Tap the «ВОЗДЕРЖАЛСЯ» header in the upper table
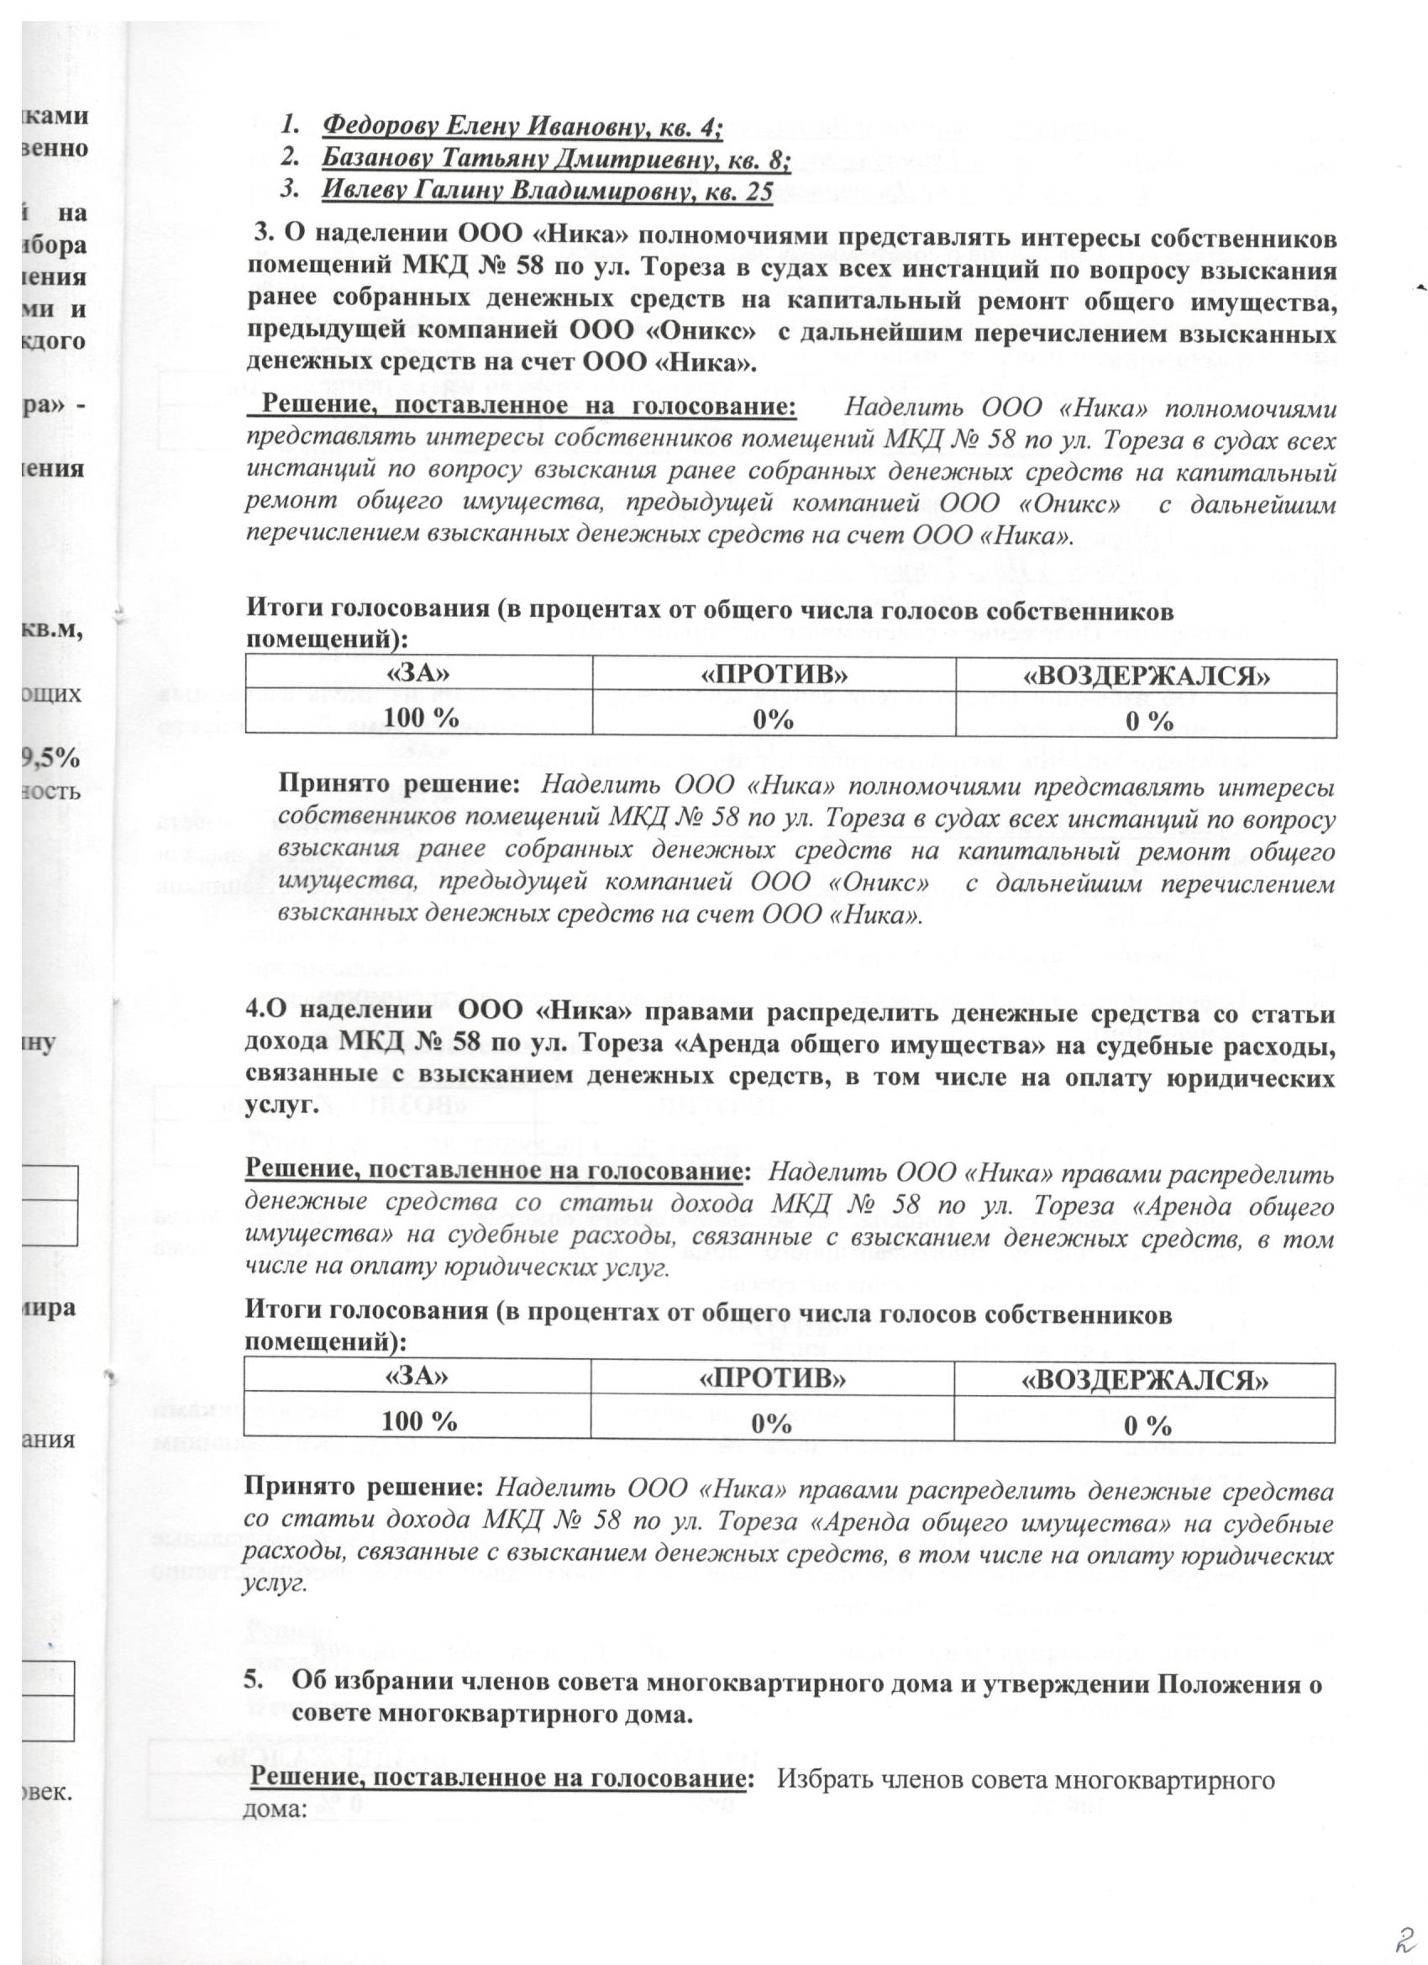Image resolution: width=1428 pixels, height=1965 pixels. coord(1147,676)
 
